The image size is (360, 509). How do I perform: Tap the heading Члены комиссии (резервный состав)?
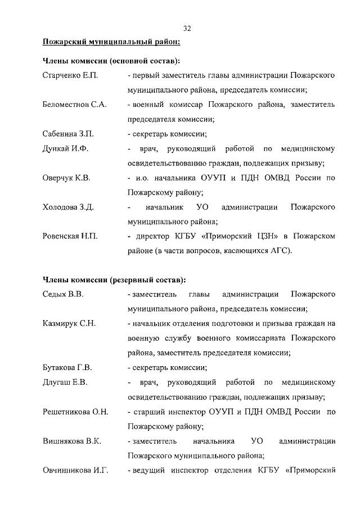114,280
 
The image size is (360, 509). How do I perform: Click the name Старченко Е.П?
70,75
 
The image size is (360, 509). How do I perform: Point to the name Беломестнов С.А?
75,105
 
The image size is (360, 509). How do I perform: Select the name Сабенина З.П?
68,134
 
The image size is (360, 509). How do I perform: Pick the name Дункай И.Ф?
65,148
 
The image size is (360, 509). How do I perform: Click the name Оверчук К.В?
66,178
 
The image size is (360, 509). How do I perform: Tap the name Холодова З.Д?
68,207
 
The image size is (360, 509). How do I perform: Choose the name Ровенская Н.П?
70,236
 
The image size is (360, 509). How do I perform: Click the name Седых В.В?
63,294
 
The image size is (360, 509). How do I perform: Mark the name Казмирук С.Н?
69,323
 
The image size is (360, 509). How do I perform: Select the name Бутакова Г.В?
67,368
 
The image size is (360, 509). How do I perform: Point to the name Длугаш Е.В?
65,382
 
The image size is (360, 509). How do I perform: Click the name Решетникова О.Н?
75,412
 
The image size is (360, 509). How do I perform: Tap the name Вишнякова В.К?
72,441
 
